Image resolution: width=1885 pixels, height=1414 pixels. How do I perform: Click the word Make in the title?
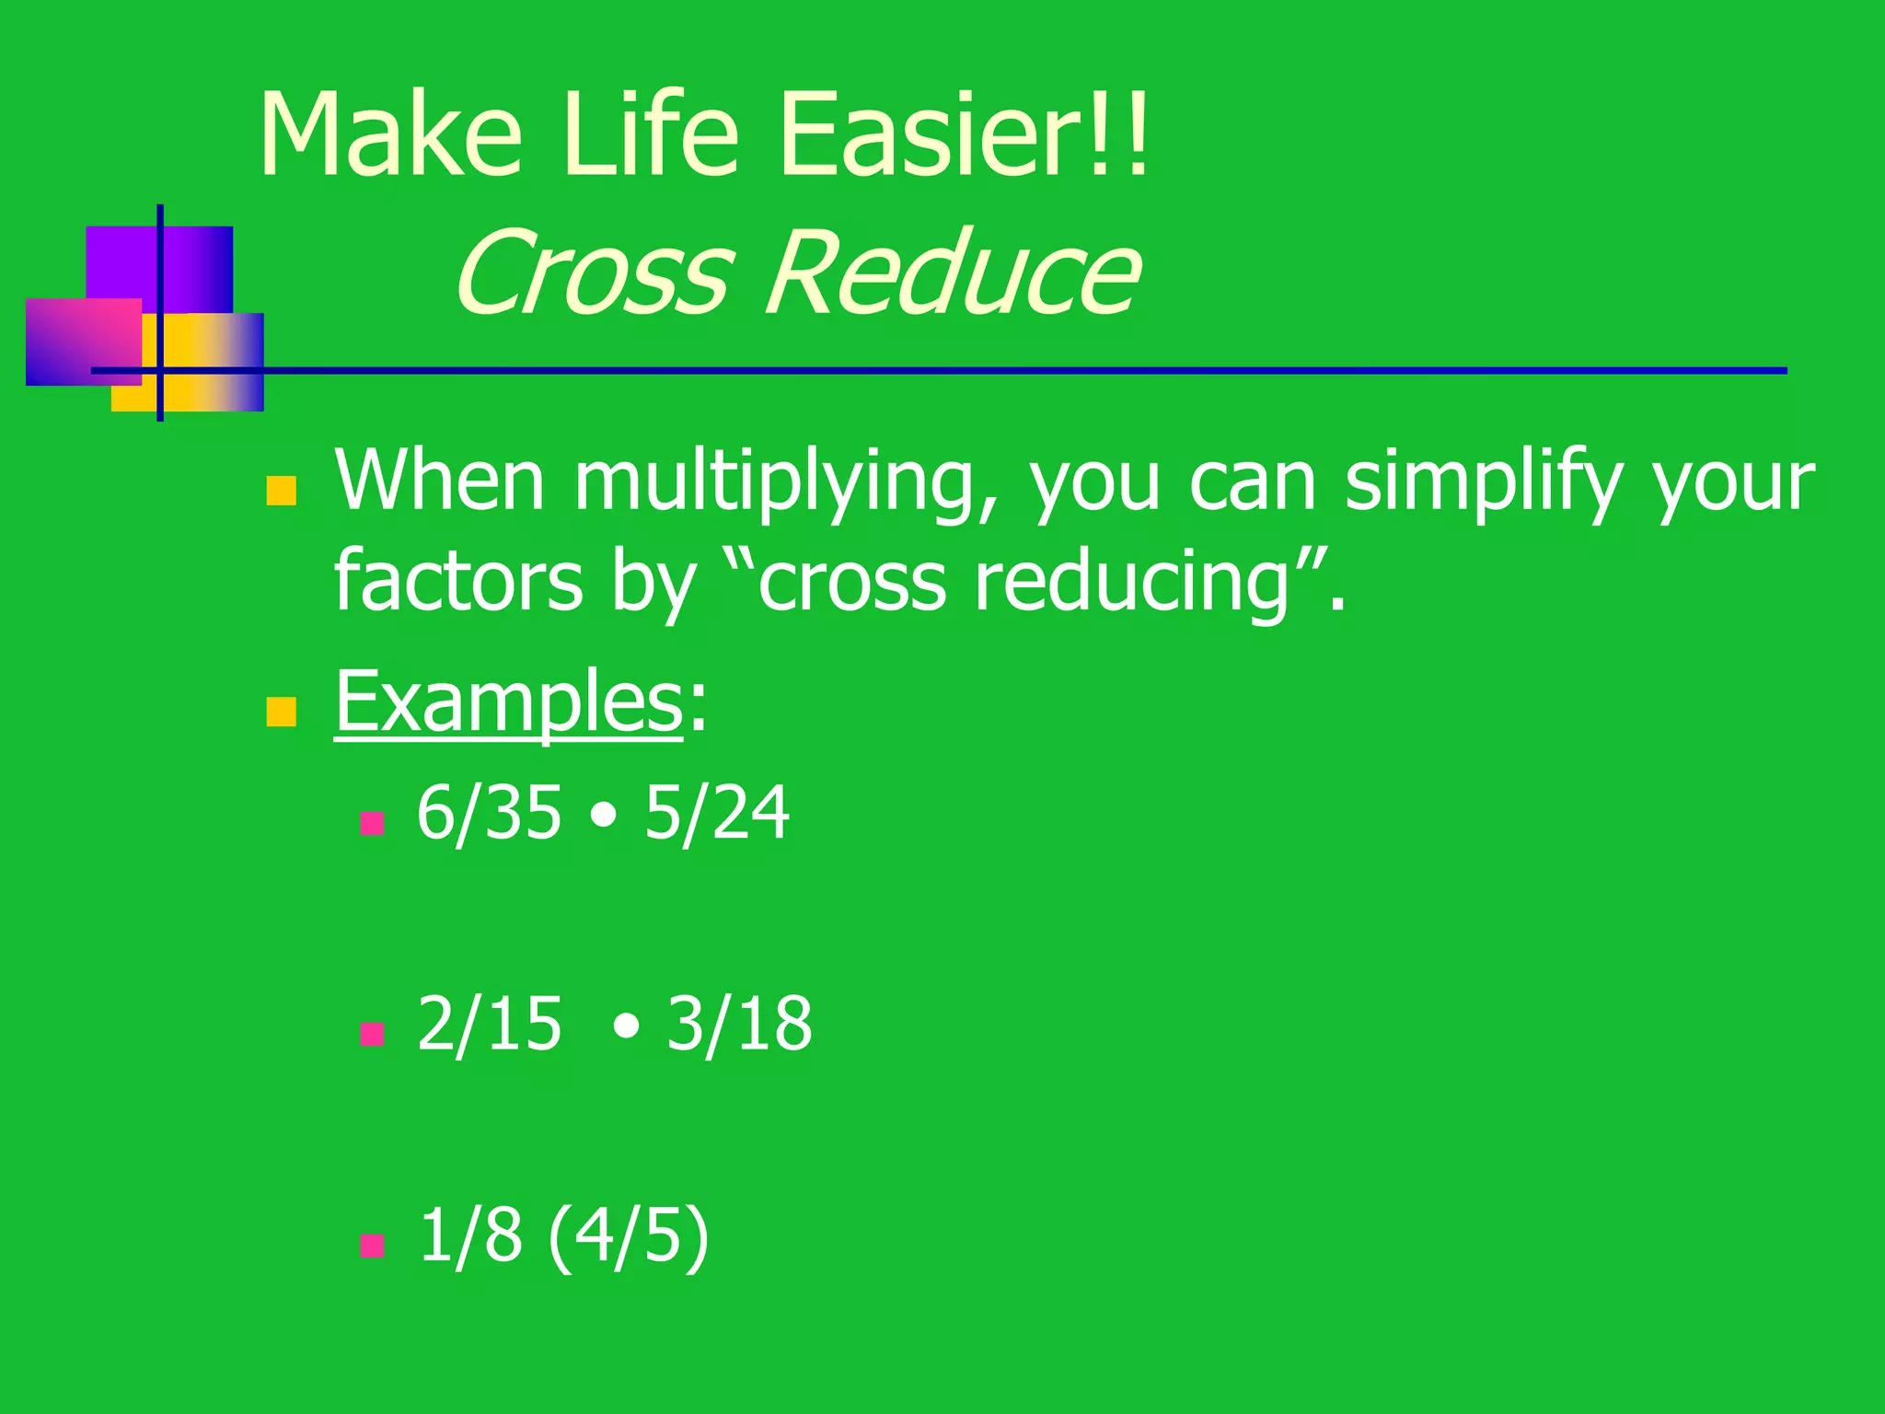click(391, 135)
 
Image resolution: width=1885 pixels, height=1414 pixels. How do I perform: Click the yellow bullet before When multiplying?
click(281, 491)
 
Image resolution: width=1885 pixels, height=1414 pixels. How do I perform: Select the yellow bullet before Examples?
click(281, 712)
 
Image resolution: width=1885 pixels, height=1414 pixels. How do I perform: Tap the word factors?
click(457, 582)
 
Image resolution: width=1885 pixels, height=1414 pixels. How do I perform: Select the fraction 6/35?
click(489, 813)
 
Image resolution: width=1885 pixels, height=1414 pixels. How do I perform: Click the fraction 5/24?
click(716, 813)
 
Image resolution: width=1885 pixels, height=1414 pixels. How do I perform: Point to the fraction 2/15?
click(489, 1024)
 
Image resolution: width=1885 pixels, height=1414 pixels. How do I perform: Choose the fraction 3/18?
click(739, 1024)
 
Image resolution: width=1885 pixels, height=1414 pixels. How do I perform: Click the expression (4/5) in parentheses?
click(629, 1235)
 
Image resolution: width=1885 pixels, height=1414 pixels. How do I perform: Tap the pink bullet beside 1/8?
click(372, 1246)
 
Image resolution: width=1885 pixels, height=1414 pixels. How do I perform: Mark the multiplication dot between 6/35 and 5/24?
click(603, 817)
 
